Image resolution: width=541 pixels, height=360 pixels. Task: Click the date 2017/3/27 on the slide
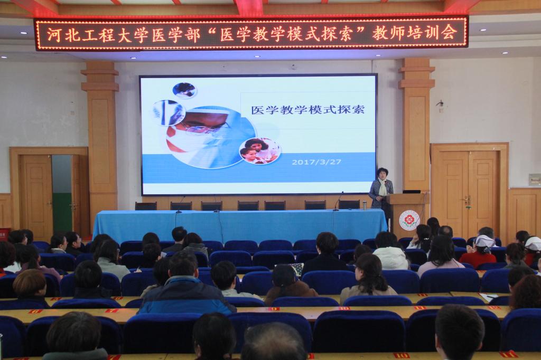(316, 162)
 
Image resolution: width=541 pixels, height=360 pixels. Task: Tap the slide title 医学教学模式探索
(308, 110)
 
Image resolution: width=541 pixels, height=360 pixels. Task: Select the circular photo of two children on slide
(259, 151)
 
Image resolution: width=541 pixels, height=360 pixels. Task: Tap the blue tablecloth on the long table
(240, 224)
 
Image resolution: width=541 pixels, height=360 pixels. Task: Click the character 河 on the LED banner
(55, 34)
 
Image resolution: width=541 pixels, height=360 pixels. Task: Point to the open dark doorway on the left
(62, 193)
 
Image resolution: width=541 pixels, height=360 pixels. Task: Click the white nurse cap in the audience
(485, 241)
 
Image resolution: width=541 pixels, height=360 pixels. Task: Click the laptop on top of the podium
(411, 192)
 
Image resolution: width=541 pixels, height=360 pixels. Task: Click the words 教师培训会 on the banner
(415, 33)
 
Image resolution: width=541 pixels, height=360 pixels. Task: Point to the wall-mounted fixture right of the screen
(440, 104)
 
